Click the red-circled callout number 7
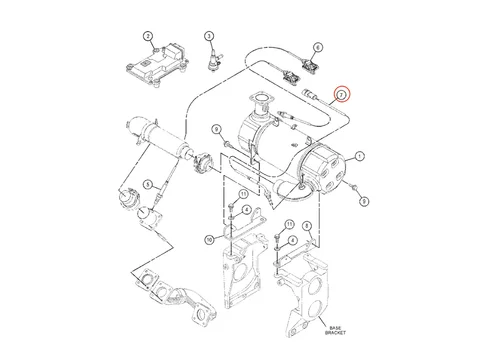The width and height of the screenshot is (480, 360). tap(341, 93)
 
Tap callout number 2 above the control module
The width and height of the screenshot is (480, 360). tap(148, 37)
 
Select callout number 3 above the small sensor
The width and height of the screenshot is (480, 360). tap(210, 37)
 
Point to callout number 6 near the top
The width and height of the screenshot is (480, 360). tap(317, 47)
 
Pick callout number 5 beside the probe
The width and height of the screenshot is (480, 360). tap(147, 184)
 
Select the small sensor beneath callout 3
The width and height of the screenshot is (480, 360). tap(212, 61)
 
